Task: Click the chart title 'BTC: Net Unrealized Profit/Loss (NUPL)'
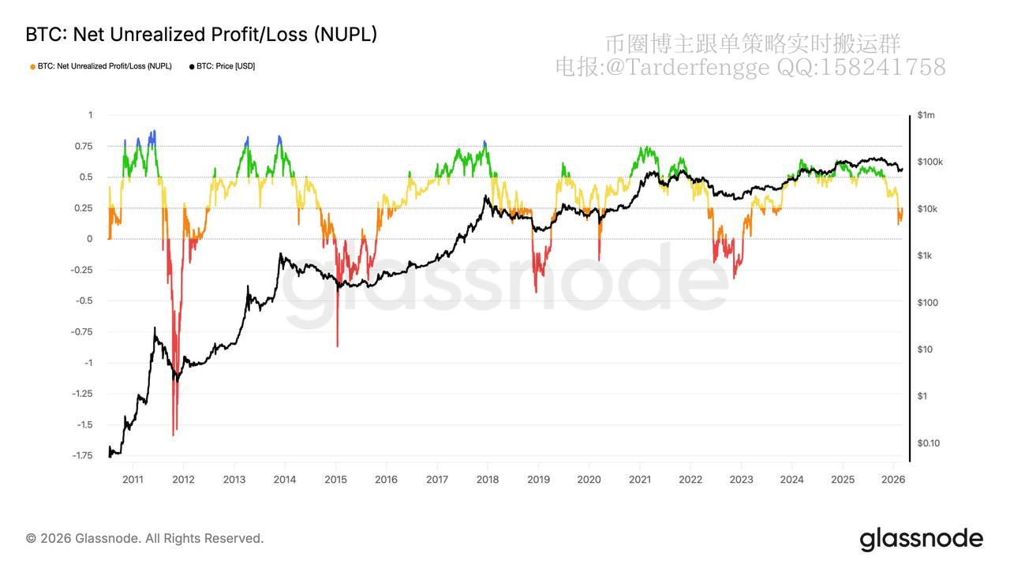tap(201, 35)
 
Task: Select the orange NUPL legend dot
tap(32, 66)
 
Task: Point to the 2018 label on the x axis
tap(488, 480)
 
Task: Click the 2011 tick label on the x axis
tap(133, 480)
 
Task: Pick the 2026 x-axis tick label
tap(893, 480)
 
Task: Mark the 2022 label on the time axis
tap(690, 480)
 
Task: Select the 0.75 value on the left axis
tap(83, 146)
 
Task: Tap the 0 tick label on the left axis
tap(90, 239)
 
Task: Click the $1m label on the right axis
tap(926, 115)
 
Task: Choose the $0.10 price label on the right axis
tap(929, 443)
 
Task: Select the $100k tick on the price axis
tap(930, 162)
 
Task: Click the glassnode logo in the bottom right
tap(921, 539)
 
